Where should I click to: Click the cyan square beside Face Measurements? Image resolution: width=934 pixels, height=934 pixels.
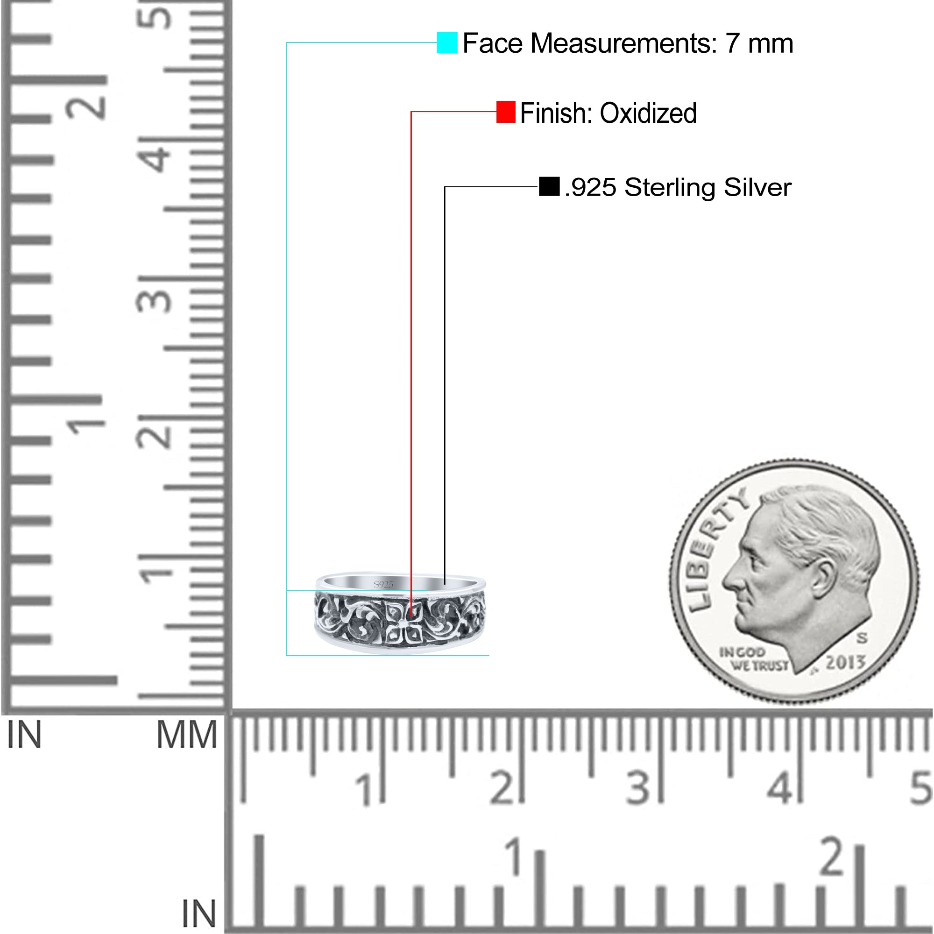point(447,42)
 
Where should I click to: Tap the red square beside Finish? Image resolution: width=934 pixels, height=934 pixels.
point(506,112)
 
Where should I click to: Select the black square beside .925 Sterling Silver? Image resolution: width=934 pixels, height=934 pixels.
point(549,187)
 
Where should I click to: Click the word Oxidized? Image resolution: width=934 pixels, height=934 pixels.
point(648,113)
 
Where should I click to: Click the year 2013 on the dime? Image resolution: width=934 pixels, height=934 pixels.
point(845,662)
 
